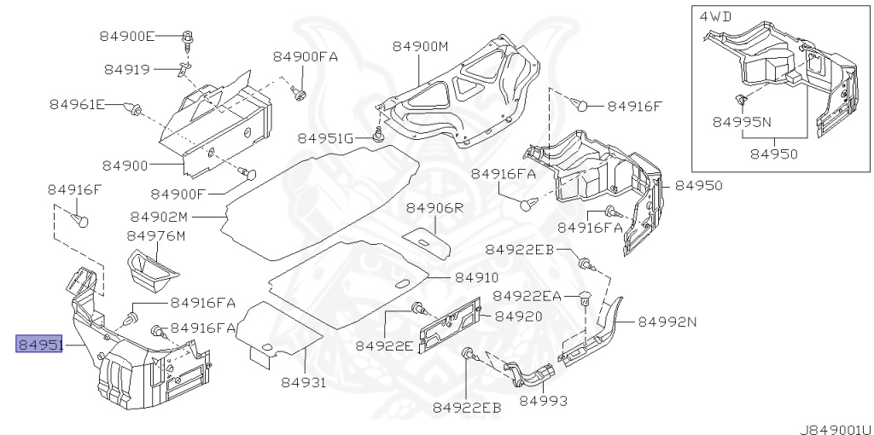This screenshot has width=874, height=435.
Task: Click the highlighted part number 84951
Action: (39, 345)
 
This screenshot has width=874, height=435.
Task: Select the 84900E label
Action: (127, 36)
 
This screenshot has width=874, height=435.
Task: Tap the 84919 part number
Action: (127, 70)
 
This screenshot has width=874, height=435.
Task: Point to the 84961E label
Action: (78, 104)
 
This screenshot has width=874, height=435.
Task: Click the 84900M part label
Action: (420, 46)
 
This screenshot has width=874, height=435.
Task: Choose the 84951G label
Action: (325, 138)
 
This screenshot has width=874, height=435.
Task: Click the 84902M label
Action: (160, 216)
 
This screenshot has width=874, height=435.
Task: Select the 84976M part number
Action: (156, 236)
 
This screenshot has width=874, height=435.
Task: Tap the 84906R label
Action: (434, 208)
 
